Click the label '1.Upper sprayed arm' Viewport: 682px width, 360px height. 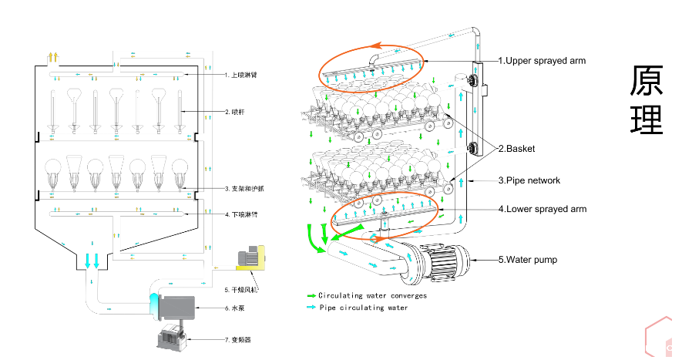pos(543,60)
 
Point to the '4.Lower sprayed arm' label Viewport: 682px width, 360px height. pos(542,209)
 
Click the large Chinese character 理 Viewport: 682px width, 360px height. pos(647,119)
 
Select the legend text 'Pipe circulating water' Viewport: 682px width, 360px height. pos(363,308)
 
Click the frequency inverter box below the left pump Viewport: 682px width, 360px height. pos(170,338)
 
